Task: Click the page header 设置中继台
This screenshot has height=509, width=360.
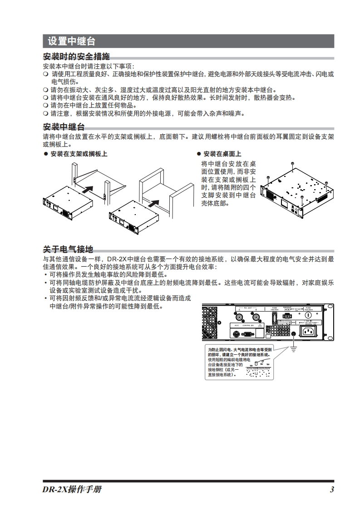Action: (x=71, y=42)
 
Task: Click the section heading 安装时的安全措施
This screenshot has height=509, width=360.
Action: (x=76, y=57)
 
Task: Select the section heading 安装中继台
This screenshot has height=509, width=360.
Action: (x=64, y=127)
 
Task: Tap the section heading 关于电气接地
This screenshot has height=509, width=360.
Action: (x=68, y=249)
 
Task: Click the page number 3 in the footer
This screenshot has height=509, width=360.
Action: (x=332, y=489)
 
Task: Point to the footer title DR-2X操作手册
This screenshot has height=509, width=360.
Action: (x=72, y=489)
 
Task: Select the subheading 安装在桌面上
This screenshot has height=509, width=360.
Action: (x=222, y=154)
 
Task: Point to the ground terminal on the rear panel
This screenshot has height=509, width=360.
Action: (x=293, y=335)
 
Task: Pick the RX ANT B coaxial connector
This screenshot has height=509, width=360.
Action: (x=256, y=318)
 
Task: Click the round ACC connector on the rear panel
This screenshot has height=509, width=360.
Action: (x=236, y=334)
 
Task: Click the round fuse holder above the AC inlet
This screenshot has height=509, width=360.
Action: (x=308, y=314)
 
